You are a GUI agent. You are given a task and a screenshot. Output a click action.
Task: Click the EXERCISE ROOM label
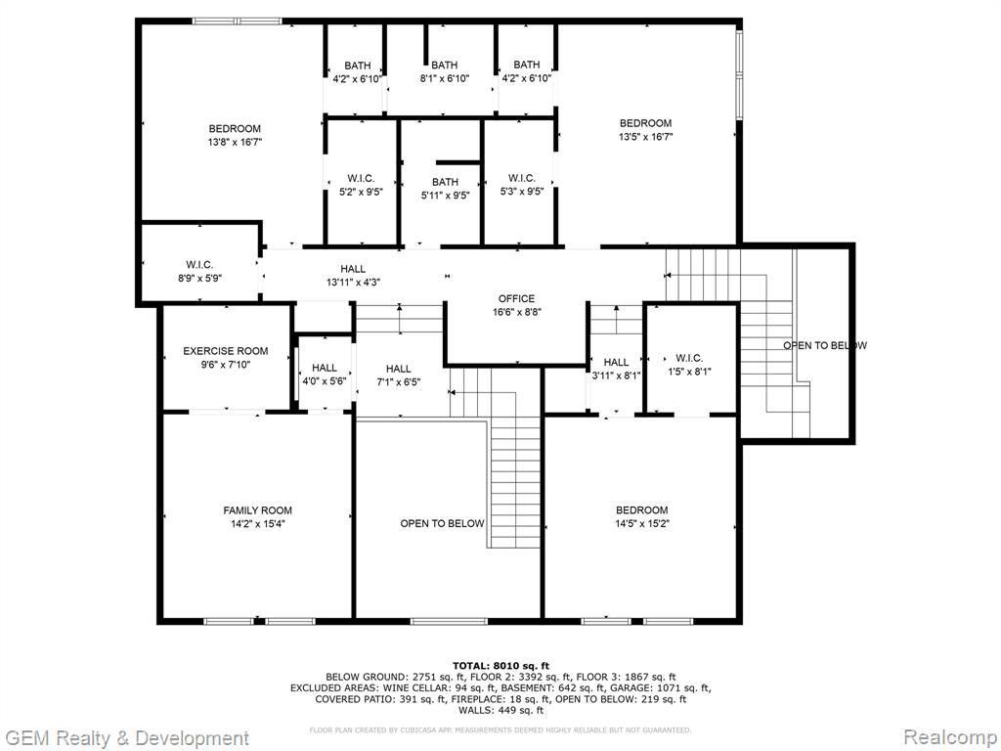tap(226, 351)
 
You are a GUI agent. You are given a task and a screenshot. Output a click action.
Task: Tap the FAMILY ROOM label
tap(257, 510)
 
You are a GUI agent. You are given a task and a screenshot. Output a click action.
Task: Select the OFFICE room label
tap(516, 298)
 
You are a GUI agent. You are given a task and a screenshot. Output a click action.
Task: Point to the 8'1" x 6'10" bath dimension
tap(445, 78)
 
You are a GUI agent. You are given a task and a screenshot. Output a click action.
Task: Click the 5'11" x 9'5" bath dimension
tap(445, 196)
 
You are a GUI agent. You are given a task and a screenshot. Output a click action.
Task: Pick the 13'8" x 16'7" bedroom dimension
tap(235, 143)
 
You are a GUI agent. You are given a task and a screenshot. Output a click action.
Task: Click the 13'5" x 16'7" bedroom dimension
tap(645, 137)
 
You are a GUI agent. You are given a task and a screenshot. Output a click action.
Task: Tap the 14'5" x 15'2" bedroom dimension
tap(641, 524)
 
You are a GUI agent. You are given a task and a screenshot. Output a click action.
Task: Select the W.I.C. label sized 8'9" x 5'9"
tap(199, 264)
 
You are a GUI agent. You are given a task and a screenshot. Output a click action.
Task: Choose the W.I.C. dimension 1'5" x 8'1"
tap(689, 371)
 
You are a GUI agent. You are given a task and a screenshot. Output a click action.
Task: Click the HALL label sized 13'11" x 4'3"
tap(352, 269)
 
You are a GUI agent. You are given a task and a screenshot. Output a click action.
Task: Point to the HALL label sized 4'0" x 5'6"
tap(325, 368)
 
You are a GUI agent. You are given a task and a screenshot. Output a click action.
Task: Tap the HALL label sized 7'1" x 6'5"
tap(399, 369)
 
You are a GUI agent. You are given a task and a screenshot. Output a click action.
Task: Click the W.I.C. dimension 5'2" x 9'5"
tap(361, 192)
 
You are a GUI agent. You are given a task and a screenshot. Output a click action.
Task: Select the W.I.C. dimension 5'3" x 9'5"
tap(522, 191)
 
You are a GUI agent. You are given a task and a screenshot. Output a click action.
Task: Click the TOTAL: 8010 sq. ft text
tap(500, 665)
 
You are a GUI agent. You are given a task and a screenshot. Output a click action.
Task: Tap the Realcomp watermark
tap(949, 736)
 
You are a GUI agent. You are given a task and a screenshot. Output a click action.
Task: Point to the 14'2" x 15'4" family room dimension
tap(258, 524)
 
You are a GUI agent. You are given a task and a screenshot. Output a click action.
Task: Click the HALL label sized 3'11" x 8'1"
tap(616, 362)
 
